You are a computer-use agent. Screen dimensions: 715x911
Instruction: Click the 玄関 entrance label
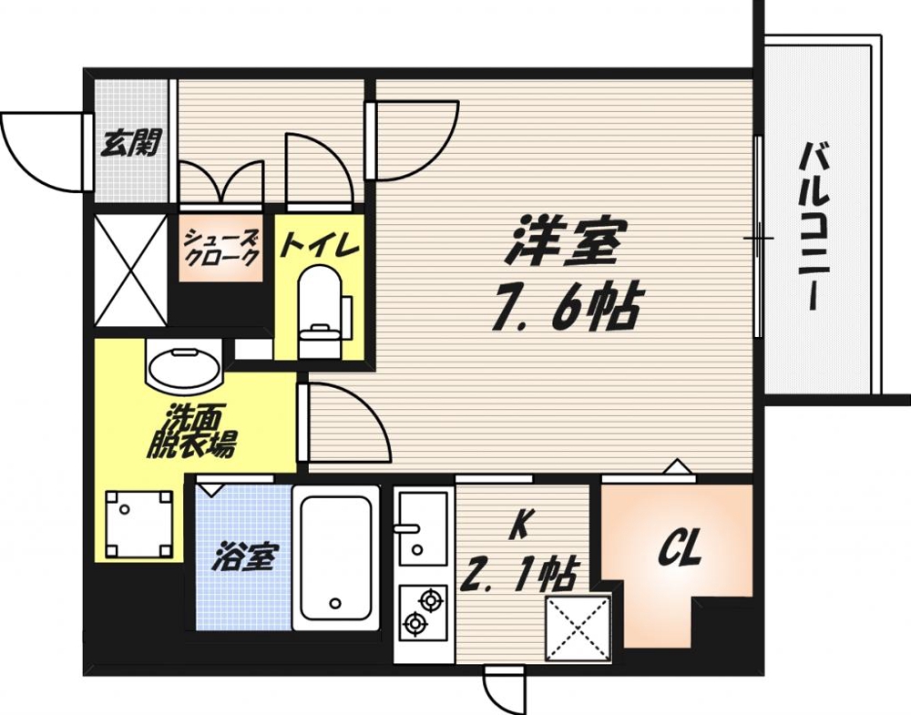click(132, 143)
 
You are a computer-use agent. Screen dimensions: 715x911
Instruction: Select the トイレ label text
click(319, 244)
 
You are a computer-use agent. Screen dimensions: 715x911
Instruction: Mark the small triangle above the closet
click(675, 466)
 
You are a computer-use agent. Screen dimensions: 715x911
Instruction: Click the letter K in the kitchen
click(520, 526)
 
